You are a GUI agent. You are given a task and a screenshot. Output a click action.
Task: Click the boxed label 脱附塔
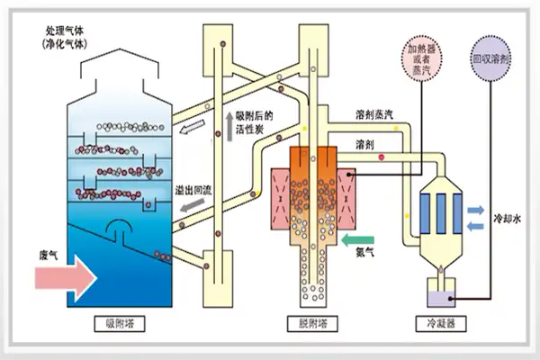[310, 320]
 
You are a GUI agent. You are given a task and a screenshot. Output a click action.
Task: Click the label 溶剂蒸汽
[373, 115]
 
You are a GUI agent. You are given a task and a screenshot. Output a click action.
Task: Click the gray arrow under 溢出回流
[190, 208]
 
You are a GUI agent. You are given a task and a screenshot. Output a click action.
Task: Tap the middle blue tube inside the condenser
[440, 210]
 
